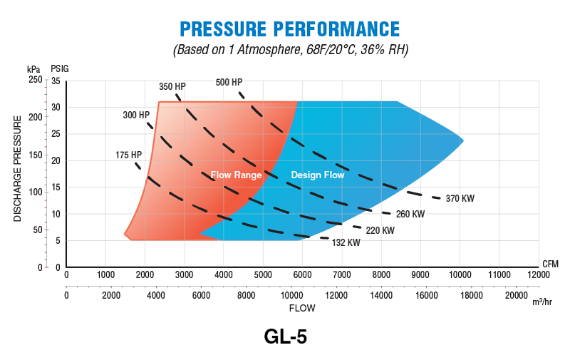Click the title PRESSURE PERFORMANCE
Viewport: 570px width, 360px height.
tap(289, 29)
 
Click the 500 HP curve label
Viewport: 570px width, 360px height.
tap(229, 82)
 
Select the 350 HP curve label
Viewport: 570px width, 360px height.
tap(172, 87)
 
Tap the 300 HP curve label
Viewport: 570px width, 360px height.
tap(136, 115)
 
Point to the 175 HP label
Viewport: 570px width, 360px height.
tap(129, 155)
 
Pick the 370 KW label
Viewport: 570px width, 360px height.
tap(461, 198)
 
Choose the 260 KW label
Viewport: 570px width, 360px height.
tap(410, 214)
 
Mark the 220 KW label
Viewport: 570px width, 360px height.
tap(380, 230)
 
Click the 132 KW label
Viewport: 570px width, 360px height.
tap(346, 242)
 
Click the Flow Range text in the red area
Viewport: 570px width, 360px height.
tap(236, 175)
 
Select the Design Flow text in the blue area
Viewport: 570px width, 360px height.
tap(318, 175)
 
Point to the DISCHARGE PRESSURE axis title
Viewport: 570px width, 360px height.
tap(18, 165)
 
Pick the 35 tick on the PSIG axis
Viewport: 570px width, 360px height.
tap(56, 81)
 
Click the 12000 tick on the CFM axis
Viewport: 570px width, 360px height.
tap(538, 274)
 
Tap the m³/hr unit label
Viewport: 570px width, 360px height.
tap(542, 302)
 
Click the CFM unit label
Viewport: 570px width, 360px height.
tap(550, 263)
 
